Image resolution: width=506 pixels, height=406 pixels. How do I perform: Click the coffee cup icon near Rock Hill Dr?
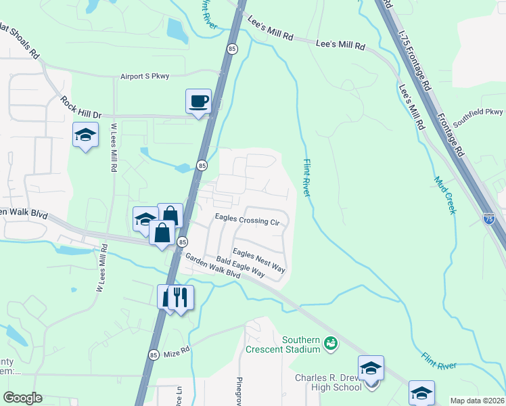(x=198, y=102)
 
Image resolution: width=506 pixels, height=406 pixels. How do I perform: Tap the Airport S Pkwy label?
(x=147, y=76)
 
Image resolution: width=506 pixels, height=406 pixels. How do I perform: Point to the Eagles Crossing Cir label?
(x=246, y=219)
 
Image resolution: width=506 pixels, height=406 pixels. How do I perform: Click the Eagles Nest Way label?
(x=259, y=261)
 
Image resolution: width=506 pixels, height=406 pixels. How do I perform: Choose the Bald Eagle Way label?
(x=240, y=266)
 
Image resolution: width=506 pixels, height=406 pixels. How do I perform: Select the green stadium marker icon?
(x=330, y=343)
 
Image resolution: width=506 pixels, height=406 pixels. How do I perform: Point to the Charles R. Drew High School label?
(x=328, y=382)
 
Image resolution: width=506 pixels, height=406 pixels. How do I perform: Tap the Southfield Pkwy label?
(x=479, y=118)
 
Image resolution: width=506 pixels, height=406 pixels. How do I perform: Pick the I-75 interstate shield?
(x=490, y=218)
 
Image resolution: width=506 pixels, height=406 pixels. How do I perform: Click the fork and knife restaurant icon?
(x=181, y=297)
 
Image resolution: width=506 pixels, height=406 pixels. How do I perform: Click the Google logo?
(x=22, y=398)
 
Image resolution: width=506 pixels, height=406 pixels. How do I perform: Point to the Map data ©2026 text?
(x=477, y=401)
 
